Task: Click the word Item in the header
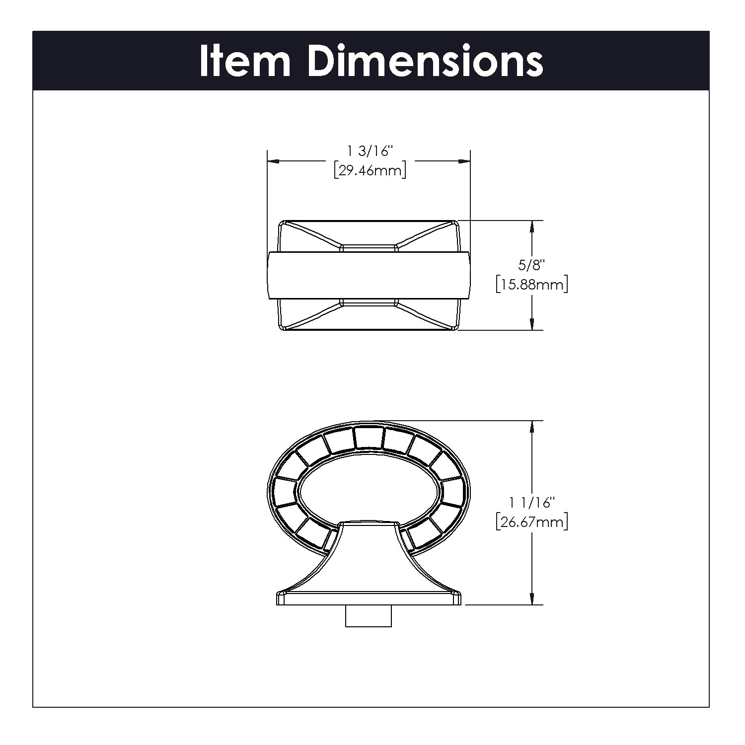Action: tap(244, 61)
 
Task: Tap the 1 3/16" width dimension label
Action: tap(370, 150)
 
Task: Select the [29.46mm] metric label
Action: tap(370, 171)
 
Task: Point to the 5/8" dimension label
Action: tap(532, 265)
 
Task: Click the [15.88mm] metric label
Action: tap(532, 285)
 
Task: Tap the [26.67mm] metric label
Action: tap(532, 522)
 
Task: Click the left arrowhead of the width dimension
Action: tap(274, 161)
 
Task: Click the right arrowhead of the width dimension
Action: tap(464, 161)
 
